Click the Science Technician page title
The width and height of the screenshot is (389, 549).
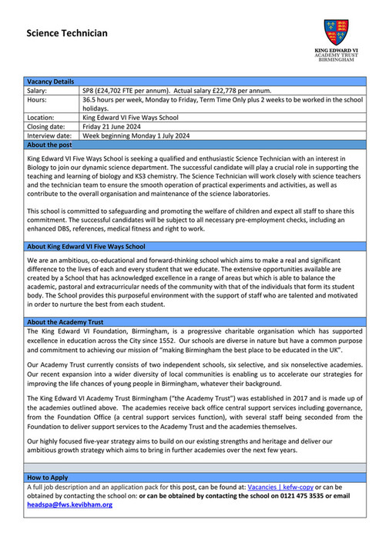click(67, 33)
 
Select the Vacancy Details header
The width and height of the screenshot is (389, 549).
click(51, 82)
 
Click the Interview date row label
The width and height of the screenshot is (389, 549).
click(49, 135)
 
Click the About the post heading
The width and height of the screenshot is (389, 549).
click(49, 145)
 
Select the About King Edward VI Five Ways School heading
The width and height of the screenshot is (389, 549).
click(86, 247)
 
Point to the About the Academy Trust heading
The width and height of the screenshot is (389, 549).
click(65, 322)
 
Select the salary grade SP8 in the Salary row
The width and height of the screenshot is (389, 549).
click(88, 91)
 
